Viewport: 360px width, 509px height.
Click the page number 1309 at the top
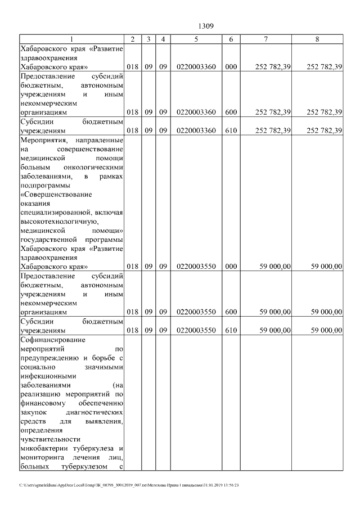[206, 26]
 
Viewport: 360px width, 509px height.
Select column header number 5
[196, 39]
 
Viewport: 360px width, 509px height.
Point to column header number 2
[132, 39]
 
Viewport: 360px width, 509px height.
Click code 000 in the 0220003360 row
[231, 67]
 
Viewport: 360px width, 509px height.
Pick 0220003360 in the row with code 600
[196, 112]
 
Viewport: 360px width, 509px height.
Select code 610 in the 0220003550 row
[231, 330]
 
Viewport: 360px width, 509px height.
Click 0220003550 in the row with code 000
[196, 267]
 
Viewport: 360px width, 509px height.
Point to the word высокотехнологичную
[62, 222]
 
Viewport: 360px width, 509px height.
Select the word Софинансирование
[52, 340]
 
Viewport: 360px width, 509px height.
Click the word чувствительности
[50, 439]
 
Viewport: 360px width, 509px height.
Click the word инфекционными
[48, 376]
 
